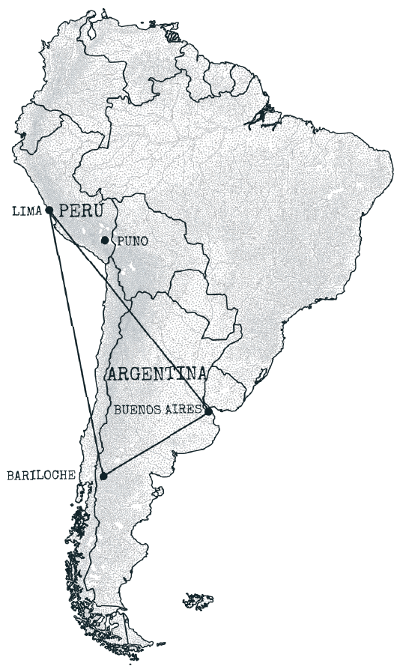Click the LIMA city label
pos(26,211)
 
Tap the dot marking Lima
pos(48,211)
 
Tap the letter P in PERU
pos(64,210)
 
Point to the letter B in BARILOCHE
pos(9,475)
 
